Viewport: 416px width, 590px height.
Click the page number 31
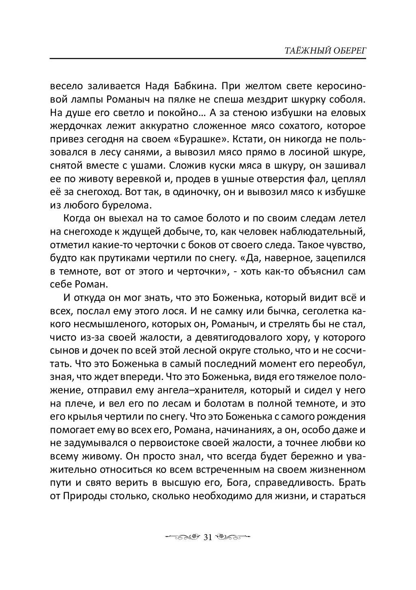[x=208, y=538]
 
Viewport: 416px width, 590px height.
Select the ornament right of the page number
[x=232, y=538]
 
